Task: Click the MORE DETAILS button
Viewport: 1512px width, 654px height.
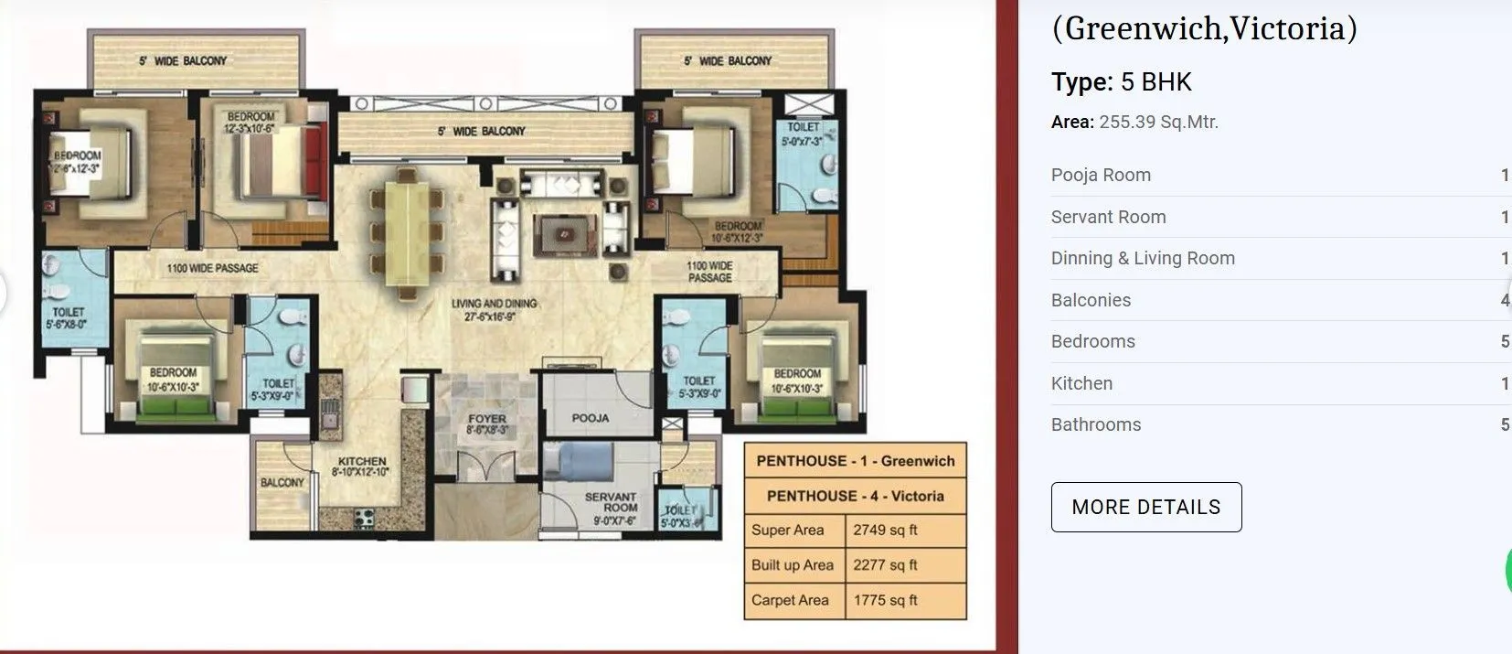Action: [x=1145, y=507]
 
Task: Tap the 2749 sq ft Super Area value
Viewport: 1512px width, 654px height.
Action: [x=885, y=531]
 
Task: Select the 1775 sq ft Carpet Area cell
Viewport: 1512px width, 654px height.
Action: [x=885, y=600]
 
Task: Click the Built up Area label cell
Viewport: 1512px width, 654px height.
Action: [x=793, y=565]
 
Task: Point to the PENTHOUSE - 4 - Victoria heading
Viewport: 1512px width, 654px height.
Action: [x=855, y=496]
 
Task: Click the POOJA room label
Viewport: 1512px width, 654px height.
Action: [x=591, y=418]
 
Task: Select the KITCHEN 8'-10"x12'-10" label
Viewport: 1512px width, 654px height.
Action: [x=362, y=466]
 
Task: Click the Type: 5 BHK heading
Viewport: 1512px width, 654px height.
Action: [x=1122, y=82]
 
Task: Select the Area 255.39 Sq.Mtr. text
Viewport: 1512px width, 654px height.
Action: [x=1134, y=123]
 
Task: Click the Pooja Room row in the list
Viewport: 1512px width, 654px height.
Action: [x=1101, y=176]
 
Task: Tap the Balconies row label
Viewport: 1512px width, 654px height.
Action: [x=1091, y=300]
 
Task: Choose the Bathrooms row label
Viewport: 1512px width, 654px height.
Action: [x=1096, y=424]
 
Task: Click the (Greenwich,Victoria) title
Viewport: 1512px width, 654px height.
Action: [x=1204, y=28]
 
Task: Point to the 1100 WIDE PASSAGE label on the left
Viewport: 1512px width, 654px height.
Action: [x=212, y=268]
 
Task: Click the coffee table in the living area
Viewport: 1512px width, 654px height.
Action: [x=563, y=235]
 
